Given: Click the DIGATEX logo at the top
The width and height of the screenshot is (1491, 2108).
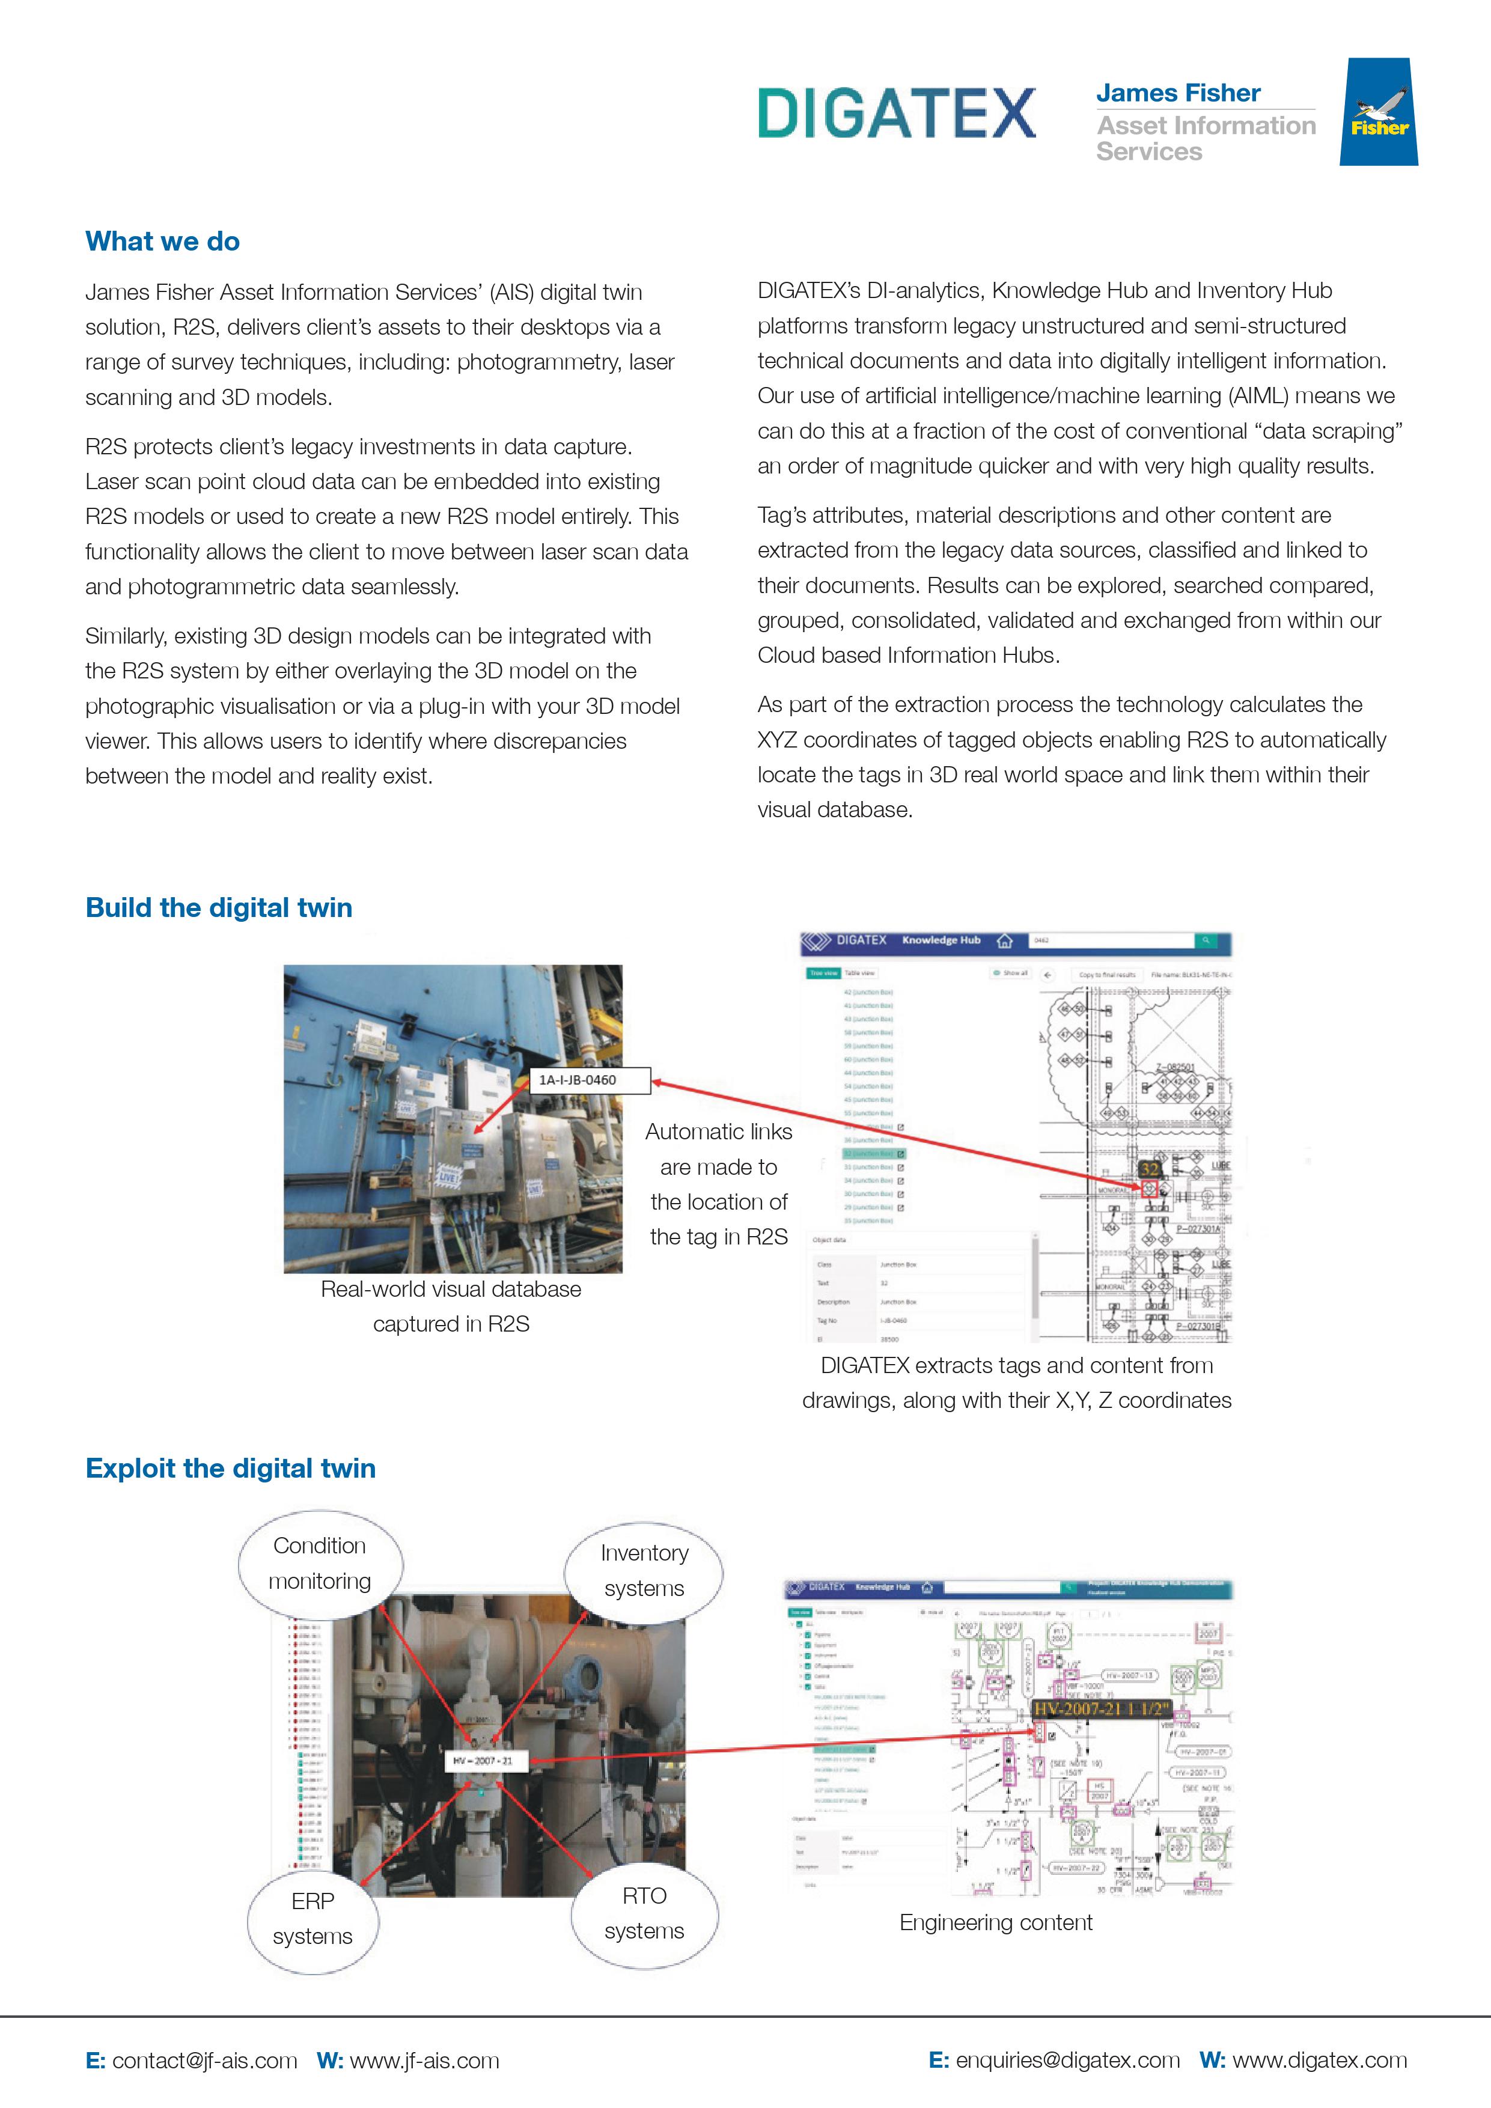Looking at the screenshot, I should tap(896, 113).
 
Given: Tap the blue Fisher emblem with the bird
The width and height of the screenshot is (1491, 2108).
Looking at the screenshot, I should tap(1378, 112).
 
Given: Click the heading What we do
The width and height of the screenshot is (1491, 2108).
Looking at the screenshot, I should tap(162, 242).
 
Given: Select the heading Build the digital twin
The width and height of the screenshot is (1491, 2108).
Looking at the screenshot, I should tap(219, 907).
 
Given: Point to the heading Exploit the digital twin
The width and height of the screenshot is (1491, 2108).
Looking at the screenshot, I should tap(230, 1468).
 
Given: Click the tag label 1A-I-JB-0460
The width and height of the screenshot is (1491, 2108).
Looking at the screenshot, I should tap(578, 1080).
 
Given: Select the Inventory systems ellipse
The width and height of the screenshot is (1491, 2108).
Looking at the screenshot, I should tap(644, 1570).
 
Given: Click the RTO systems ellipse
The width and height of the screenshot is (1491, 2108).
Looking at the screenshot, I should tap(644, 1913).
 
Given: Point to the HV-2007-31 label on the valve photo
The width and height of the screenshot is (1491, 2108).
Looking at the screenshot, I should tap(483, 1761).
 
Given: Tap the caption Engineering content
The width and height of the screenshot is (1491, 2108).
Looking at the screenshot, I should tap(995, 1922).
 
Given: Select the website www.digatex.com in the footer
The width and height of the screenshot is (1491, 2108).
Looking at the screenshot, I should tap(1319, 2061).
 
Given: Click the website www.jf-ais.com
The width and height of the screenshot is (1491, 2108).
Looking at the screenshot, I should tap(424, 2061).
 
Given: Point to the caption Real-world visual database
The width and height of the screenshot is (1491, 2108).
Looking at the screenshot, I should tap(451, 1289).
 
